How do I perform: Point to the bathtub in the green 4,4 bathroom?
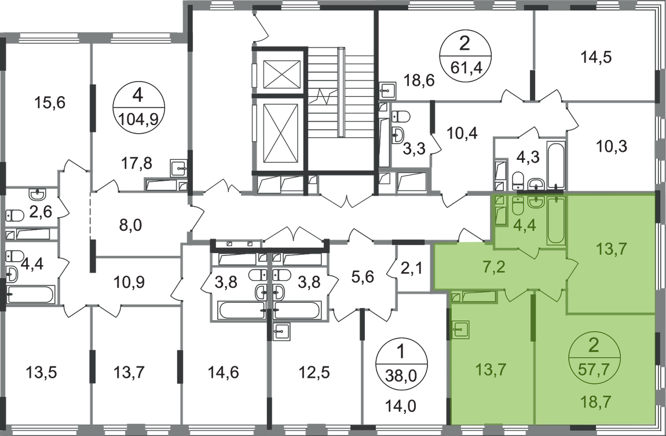tap(555, 221)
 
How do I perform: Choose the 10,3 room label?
tap(613, 145)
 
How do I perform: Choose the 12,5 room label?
tap(314, 368)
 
